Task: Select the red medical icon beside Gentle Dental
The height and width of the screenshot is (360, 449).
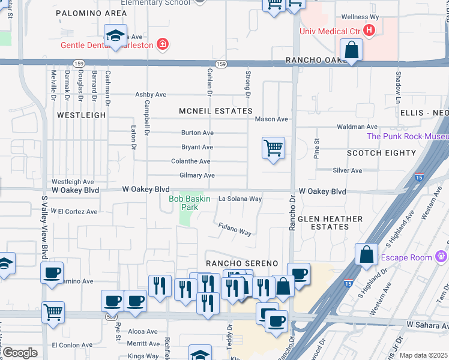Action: (x=161, y=44)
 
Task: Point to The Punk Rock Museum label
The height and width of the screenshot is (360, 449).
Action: (x=408, y=136)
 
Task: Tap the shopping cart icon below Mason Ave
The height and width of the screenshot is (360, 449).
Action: (x=273, y=146)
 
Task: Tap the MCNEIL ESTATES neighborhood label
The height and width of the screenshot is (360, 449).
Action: (x=215, y=111)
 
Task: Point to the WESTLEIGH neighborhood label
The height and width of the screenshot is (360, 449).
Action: (x=77, y=114)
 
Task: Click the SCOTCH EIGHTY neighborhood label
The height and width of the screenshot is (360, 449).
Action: (x=381, y=153)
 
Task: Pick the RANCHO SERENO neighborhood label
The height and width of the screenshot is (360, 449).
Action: (x=242, y=263)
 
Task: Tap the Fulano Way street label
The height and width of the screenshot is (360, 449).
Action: (x=234, y=229)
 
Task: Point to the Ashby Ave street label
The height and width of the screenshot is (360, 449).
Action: (x=151, y=94)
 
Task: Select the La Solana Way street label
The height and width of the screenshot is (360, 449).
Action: (x=240, y=199)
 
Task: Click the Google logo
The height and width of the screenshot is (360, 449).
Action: (x=20, y=353)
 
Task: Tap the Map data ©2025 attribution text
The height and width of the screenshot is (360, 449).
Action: (x=423, y=355)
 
